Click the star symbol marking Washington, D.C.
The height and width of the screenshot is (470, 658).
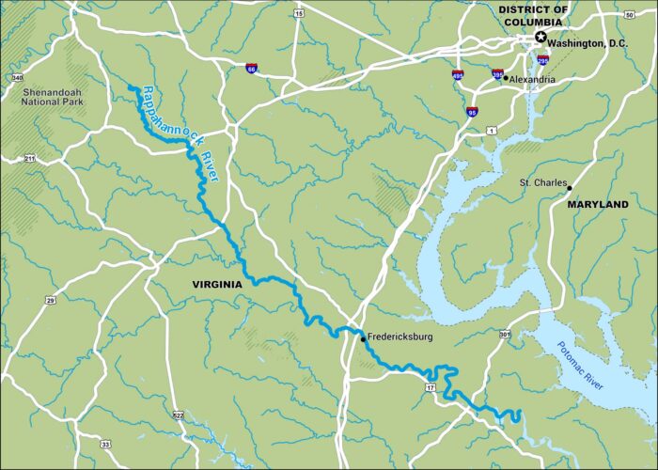click(x=540, y=38)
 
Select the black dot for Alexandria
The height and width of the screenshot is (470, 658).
click(x=506, y=78)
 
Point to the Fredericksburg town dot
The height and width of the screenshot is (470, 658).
click(x=362, y=337)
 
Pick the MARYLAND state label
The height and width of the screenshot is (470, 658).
click(x=597, y=203)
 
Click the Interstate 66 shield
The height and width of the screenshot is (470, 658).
click(x=251, y=68)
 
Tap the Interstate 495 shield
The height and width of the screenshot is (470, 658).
click(x=459, y=74)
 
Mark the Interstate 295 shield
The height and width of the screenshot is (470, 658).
click(x=543, y=58)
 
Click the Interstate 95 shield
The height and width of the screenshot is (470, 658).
click(x=470, y=112)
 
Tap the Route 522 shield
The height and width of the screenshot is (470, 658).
click(x=178, y=415)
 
